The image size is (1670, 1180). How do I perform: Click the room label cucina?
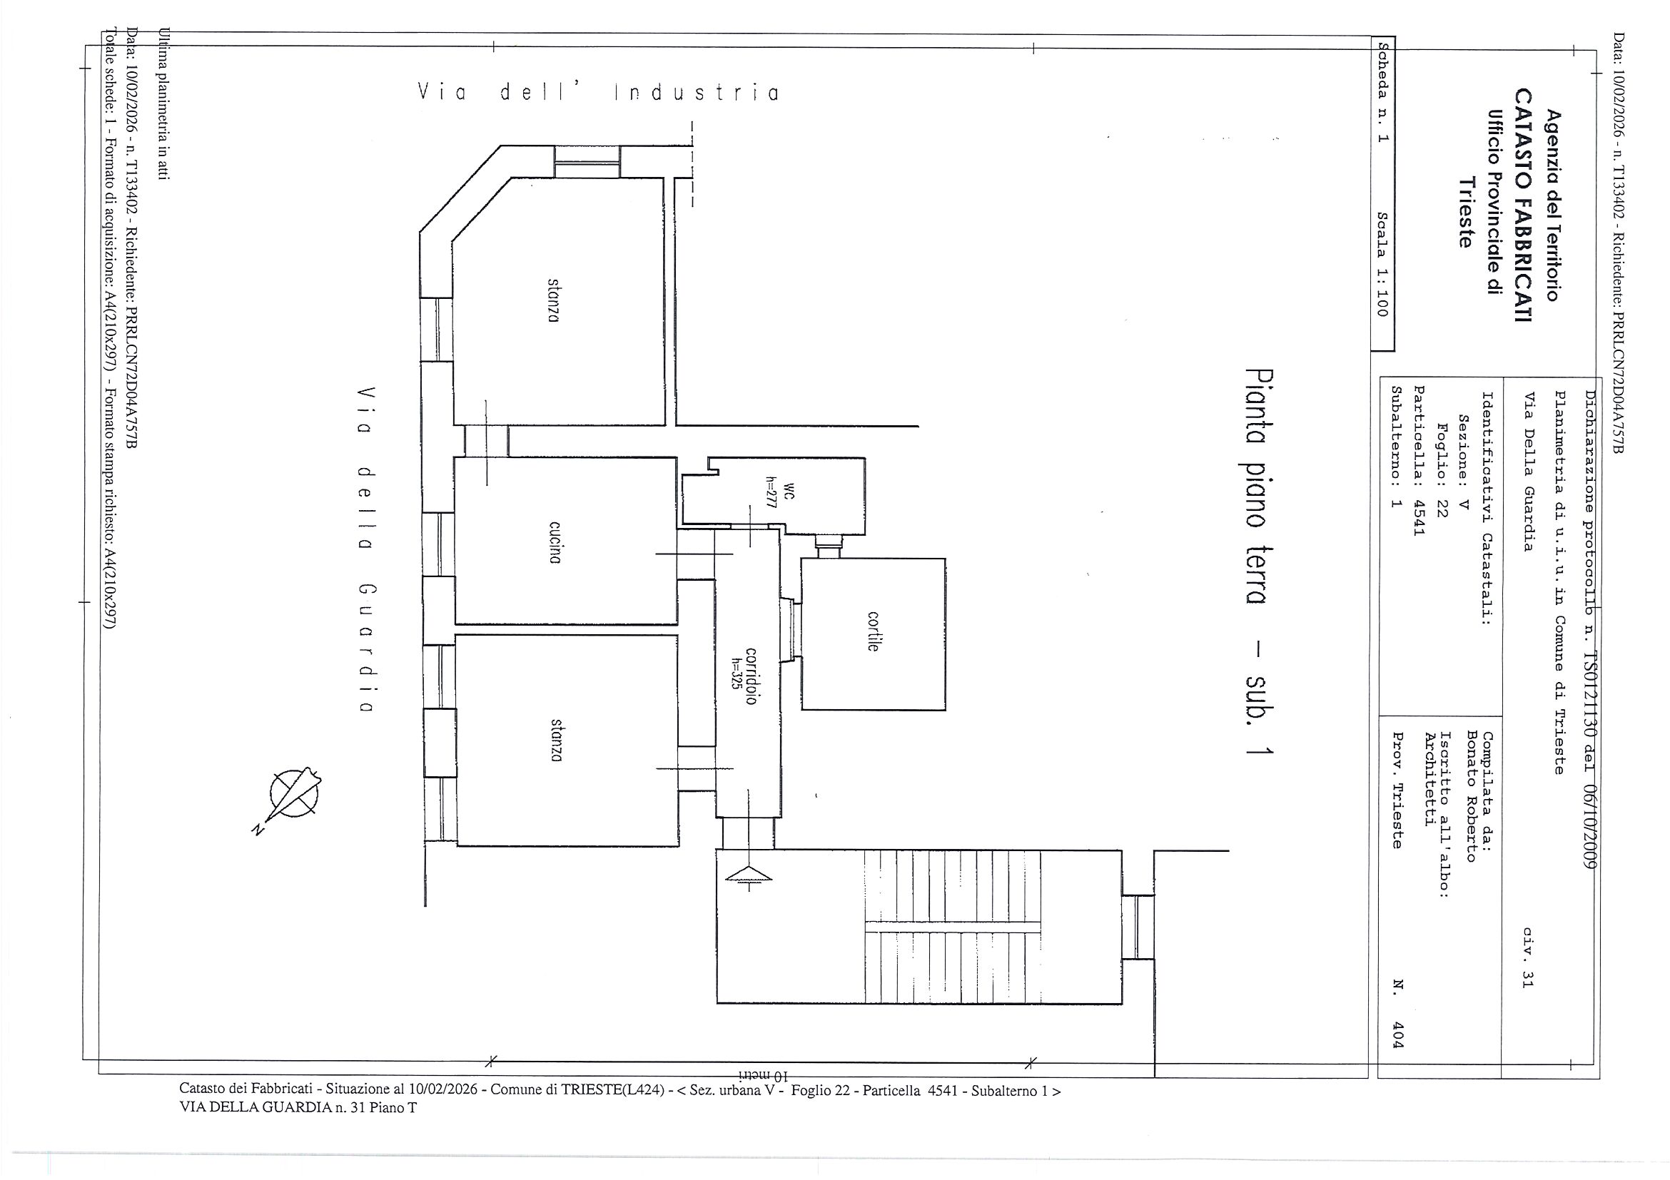[555, 542]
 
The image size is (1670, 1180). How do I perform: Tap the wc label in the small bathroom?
[790, 492]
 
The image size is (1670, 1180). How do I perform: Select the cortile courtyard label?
[874, 631]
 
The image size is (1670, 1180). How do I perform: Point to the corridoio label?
[751, 676]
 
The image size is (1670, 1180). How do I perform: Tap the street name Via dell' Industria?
[598, 93]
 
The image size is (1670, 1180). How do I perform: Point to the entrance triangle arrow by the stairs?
[749, 875]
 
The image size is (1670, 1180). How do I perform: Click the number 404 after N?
[1398, 1034]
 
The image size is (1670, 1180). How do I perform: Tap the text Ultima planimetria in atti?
[164, 103]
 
